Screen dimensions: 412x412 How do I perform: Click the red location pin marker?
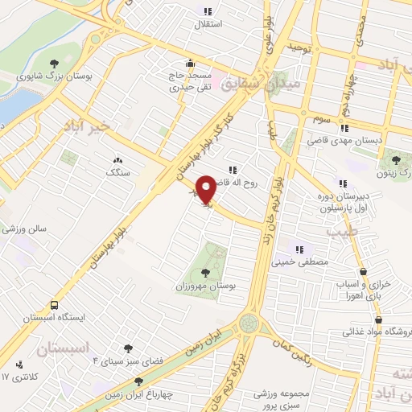[206, 189]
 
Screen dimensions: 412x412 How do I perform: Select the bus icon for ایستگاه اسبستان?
[54, 306]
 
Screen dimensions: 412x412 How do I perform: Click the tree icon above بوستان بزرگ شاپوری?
[54, 62]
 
